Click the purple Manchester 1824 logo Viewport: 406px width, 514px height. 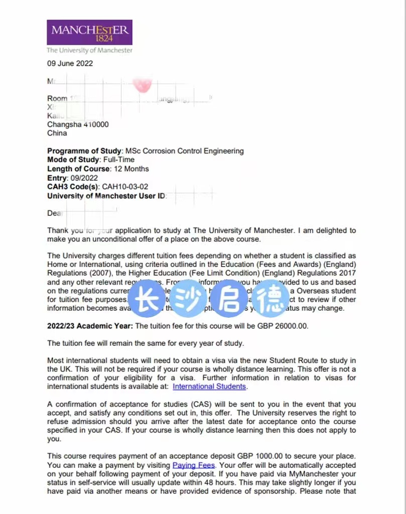89,33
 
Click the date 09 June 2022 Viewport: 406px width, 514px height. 70,63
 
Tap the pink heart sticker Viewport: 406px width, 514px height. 143,85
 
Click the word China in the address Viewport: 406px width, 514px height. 57,133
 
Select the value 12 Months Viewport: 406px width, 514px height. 129,169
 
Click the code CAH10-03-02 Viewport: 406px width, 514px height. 125,187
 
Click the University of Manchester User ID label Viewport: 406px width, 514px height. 106,196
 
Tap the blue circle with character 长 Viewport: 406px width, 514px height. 146,301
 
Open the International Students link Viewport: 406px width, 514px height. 209,387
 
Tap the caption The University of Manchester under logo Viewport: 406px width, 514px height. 89,50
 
